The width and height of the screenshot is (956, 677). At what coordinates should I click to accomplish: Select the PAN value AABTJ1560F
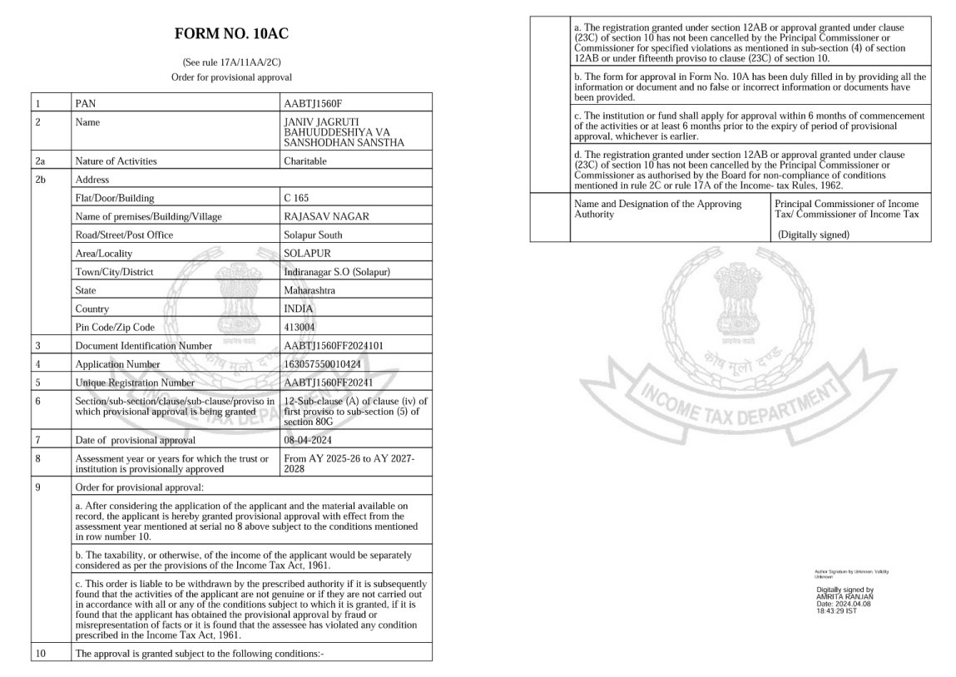[x=313, y=104]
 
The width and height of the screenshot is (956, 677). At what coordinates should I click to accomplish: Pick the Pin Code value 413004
[x=300, y=326]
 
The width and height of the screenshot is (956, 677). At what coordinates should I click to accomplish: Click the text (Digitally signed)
[x=814, y=235]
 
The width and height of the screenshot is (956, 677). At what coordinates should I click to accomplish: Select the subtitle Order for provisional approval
[x=231, y=77]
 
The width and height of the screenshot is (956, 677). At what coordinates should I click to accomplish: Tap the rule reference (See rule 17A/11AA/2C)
[x=231, y=62]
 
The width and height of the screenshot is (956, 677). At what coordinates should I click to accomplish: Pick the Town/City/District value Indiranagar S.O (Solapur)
[x=338, y=271]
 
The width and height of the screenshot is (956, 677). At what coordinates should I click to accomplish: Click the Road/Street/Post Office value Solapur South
[x=313, y=235]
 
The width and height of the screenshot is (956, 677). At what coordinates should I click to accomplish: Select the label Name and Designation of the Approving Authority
[x=657, y=209]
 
